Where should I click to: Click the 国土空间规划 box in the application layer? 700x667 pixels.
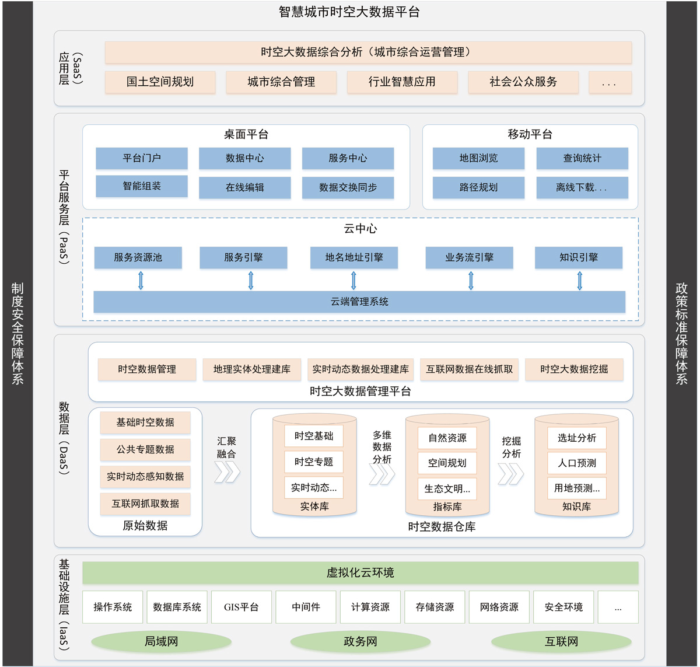(x=160, y=82)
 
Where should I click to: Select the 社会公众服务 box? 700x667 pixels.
(x=523, y=82)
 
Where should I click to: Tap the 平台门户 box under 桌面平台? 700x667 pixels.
(x=142, y=158)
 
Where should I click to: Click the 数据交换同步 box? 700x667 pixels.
(x=348, y=187)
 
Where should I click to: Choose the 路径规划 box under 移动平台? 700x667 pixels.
(x=478, y=187)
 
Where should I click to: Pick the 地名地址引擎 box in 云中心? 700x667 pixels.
(x=354, y=257)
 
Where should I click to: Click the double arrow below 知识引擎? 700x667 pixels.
(x=580, y=281)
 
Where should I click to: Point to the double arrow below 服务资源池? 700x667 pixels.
(x=141, y=281)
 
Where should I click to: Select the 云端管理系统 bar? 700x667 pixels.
(x=359, y=302)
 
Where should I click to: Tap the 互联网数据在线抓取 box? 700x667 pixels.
(x=469, y=369)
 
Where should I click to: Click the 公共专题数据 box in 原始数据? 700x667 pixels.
(x=145, y=449)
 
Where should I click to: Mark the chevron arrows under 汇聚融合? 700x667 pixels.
(x=227, y=472)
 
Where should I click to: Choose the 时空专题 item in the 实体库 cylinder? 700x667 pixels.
(x=314, y=462)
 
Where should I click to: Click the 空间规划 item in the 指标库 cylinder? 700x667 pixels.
(x=447, y=463)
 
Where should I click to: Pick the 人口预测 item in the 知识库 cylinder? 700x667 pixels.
(x=577, y=463)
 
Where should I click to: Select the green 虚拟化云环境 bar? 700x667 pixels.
(x=360, y=573)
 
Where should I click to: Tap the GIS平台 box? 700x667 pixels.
(x=242, y=607)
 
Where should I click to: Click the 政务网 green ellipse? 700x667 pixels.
(x=360, y=642)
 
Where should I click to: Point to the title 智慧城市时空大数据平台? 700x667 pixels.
(x=349, y=12)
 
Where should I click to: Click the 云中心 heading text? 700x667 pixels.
(x=360, y=228)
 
